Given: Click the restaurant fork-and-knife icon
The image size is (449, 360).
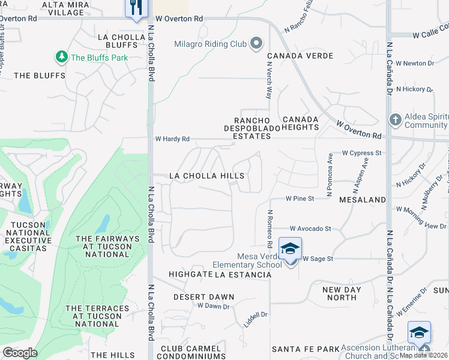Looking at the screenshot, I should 134,7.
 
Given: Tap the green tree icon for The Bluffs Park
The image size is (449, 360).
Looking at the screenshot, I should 61,57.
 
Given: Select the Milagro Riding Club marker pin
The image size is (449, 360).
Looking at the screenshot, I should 257,43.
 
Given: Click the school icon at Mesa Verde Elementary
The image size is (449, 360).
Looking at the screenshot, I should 290,249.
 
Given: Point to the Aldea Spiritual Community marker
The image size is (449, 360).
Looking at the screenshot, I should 395,119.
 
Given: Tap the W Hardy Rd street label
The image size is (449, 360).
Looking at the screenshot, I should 172,139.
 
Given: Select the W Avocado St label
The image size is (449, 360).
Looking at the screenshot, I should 310,229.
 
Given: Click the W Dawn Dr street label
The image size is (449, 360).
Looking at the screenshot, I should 214,306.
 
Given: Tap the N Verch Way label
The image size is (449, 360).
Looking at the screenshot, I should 270,83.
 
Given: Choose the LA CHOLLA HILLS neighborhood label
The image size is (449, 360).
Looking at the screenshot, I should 206,176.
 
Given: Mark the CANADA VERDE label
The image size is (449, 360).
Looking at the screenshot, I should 292,56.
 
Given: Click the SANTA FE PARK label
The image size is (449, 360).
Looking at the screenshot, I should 306,349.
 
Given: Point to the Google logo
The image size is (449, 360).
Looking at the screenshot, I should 20,353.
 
